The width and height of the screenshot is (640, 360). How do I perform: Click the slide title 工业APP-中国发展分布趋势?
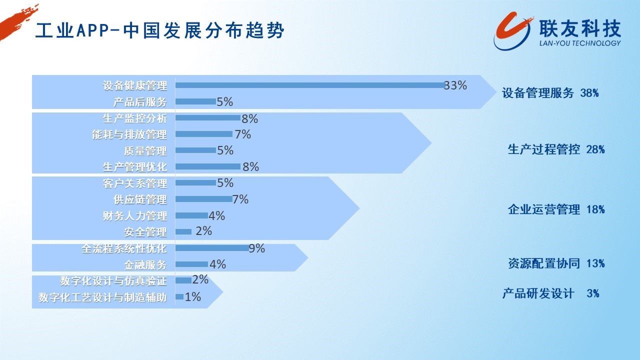pyautogui.click(x=159, y=30)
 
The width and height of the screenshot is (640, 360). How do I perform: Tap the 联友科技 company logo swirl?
pyautogui.click(x=513, y=31)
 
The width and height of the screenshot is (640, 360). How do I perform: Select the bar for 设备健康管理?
pyautogui.click(x=310, y=85)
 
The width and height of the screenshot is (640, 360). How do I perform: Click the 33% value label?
pyautogui.click(x=455, y=85)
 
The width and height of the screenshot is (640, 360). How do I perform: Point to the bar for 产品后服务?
pyautogui.click(x=195, y=101)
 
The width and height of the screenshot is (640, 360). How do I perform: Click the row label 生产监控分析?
pyautogui.click(x=135, y=118)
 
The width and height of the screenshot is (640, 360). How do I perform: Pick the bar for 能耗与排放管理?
pyautogui.click(x=204, y=134)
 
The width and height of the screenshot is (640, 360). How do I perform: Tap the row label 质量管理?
pyautogui.click(x=145, y=150)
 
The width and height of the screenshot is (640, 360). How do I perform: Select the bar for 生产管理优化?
pyautogui.click(x=208, y=166)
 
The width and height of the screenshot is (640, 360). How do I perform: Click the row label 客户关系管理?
pyautogui.click(x=135, y=183)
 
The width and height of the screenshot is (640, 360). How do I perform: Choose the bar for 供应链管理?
pyautogui.click(x=204, y=199)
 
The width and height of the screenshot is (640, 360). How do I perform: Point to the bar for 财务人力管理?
pyautogui.click(x=191, y=215)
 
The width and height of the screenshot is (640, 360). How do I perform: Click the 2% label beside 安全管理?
pyautogui.click(x=203, y=231)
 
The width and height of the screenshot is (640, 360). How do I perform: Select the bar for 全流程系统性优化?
pyautogui.click(x=212, y=248)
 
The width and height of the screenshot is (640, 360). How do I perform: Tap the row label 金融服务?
pyautogui.click(x=145, y=265)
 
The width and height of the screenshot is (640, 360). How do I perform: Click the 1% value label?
pyautogui.click(x=193, y=297)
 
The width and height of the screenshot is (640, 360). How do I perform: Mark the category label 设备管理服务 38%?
pyautogui.click(x=550, y=93)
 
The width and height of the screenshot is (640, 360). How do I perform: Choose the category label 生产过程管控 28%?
pyautogui.click(x=556, y=149)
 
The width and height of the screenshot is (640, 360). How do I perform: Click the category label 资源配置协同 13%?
pyautogui.click(x=556, y=263)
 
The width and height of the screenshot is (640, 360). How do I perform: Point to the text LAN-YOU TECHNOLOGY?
pyautogui.click(x=580, y=43)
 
